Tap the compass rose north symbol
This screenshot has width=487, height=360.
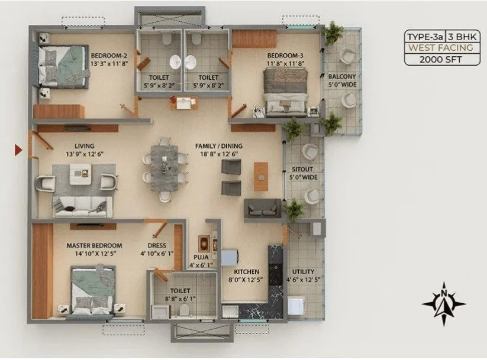coord(444,303)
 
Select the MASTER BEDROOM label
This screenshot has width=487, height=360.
coord(94,246)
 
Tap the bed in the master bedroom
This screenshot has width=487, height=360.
coord(92,290)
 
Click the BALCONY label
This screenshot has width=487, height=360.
coord(342,76)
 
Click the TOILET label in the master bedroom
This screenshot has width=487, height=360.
coord(180,291)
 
